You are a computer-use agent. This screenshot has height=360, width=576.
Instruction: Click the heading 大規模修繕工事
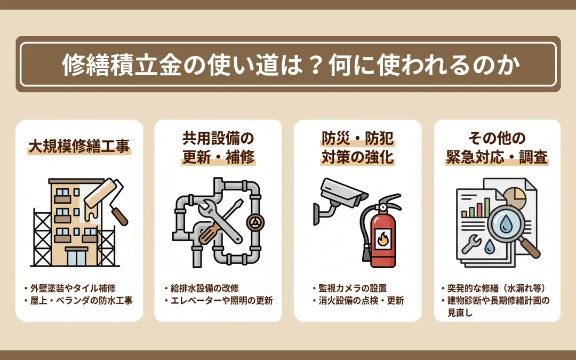coord(79,146)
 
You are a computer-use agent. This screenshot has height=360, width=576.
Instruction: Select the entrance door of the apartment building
coord(76,257)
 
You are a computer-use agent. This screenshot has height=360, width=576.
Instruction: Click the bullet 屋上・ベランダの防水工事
coord(78,300)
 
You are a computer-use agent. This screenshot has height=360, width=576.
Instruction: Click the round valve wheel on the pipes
coord(255,222)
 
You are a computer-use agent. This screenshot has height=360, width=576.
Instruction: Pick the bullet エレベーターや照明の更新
coord(219,300)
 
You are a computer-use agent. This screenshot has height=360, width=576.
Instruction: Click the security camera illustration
coord(340,200)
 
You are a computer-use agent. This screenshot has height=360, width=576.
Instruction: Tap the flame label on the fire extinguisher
coord(383,239)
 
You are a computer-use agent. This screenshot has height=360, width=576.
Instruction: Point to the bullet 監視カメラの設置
coord(350,288)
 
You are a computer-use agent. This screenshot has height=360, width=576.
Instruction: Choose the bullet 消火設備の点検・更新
coord(358,300)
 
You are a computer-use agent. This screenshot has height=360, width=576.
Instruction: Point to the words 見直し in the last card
coord(460,313)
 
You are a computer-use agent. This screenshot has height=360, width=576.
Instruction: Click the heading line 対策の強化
coord(357,157)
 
